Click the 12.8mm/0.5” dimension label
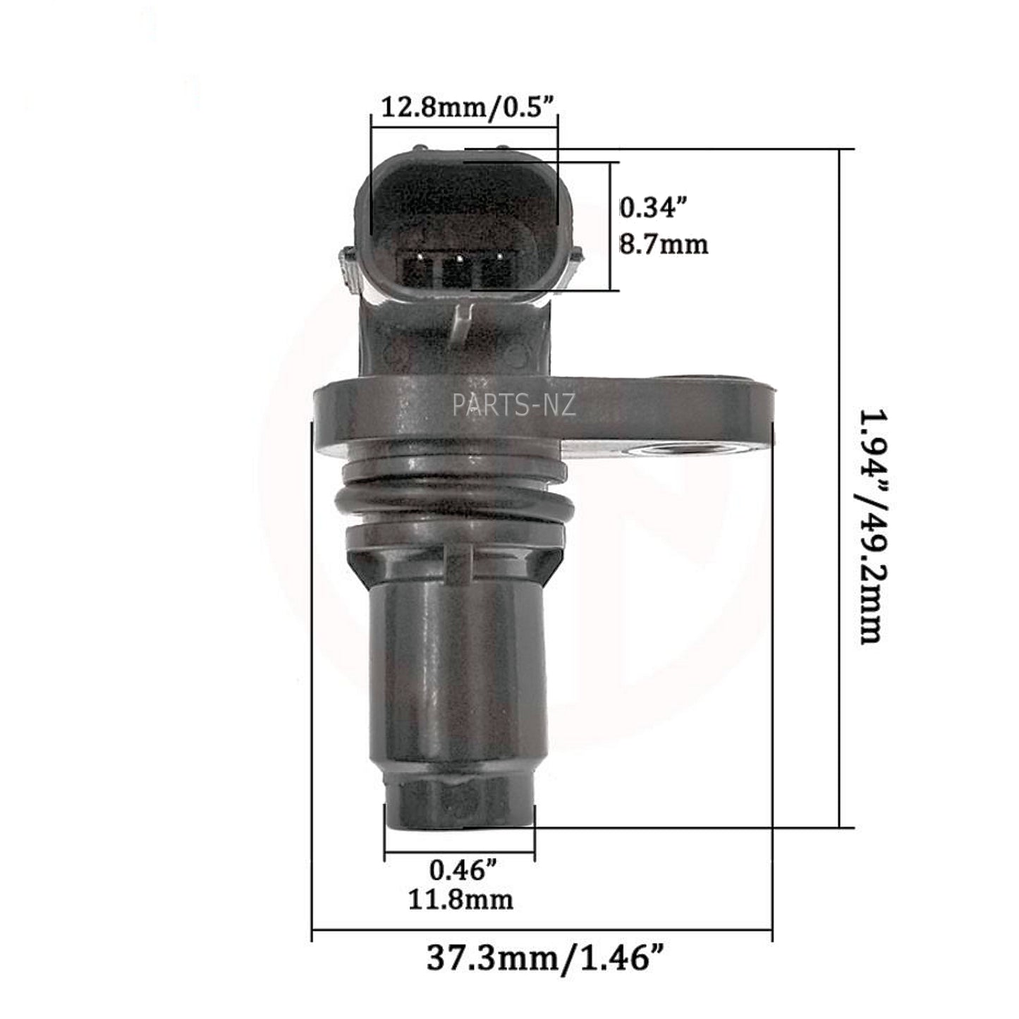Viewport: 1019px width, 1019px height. coord(469,108)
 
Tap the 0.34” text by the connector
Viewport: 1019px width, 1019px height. coord(652,207)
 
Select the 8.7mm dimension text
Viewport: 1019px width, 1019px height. coord(664,244)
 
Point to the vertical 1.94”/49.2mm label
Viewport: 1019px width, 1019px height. coord(871,527)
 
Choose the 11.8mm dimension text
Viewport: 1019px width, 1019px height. coord(460,899)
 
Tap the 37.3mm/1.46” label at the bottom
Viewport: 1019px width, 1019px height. coord(545,958)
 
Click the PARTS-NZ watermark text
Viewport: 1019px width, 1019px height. coord(514,405)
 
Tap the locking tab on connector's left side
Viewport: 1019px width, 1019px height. coord(348,267)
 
